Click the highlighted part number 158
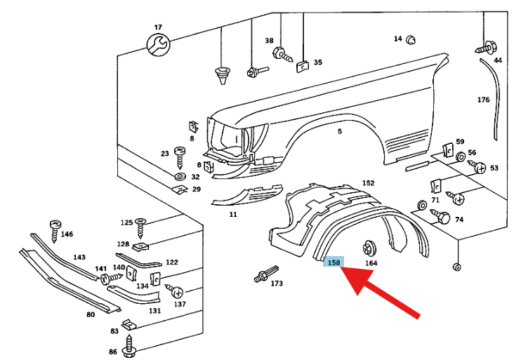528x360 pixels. click(334, 262)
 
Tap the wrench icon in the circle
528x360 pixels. click(158, 44)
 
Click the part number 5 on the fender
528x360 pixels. click(340, 131)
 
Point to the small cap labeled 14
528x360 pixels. click(411, 40)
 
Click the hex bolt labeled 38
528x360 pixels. click(282, 55)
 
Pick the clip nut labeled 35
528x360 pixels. click(303, 67)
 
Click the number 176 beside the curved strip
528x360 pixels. click(483, 100)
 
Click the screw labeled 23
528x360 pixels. click(180, 157)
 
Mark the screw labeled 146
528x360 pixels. click(55, 231)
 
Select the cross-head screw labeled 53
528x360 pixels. click(477, 166)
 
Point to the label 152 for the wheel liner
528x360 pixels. click(368, 183)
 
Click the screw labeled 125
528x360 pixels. click(140, 228)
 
